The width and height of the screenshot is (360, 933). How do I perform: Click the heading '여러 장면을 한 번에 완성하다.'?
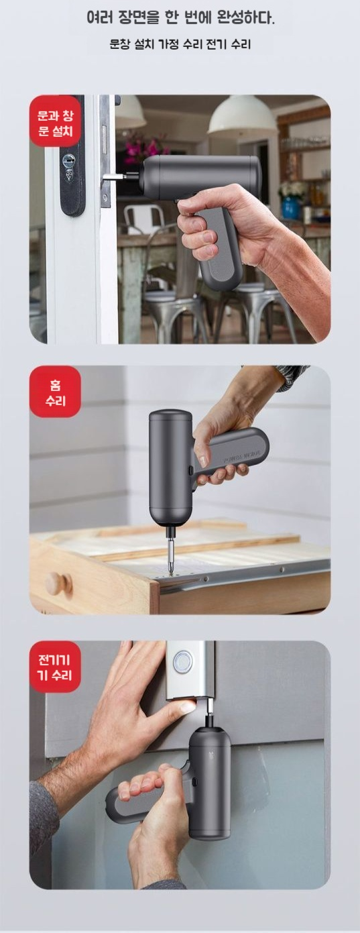180,18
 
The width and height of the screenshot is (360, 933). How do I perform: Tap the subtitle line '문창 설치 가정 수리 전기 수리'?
180,44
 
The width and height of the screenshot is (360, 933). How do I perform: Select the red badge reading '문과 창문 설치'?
55,121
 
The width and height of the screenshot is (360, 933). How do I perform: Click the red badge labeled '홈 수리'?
55,392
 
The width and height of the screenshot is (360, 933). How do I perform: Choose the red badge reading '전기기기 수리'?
55,667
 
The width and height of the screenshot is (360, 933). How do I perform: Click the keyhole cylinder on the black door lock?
69,160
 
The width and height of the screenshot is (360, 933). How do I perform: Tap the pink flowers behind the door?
138,148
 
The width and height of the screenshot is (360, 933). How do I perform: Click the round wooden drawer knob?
58,582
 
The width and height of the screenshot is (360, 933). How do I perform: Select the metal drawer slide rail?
245,573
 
